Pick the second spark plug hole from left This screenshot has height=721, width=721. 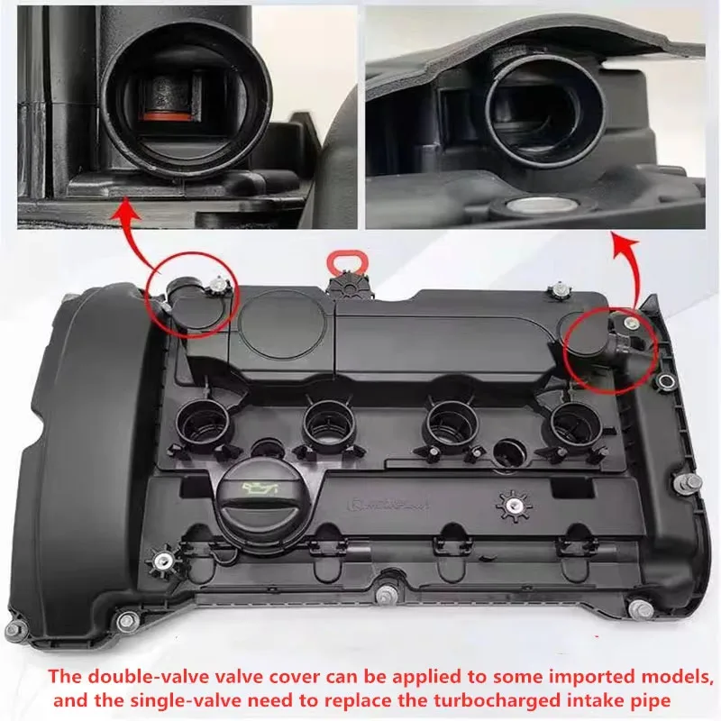(x=325, y=419)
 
